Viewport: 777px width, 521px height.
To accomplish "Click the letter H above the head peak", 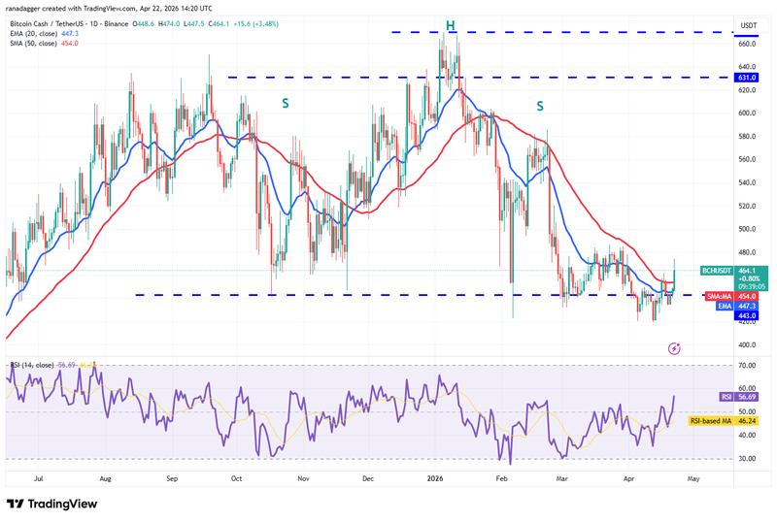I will tap(452, 23).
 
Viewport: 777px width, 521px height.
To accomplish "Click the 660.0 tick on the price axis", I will tap(748, 44).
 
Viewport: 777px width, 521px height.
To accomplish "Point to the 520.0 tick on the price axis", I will tap(748, 206).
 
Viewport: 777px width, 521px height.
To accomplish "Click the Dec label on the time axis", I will tap(368, 478).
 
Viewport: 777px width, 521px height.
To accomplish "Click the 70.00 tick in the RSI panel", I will tap(748, 366).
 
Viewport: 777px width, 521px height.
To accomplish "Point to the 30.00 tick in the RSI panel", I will tap(748, 459).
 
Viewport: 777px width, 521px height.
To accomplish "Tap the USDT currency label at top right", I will tap(749, 25).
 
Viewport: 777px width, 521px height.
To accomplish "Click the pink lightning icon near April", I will tap(675, 347).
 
